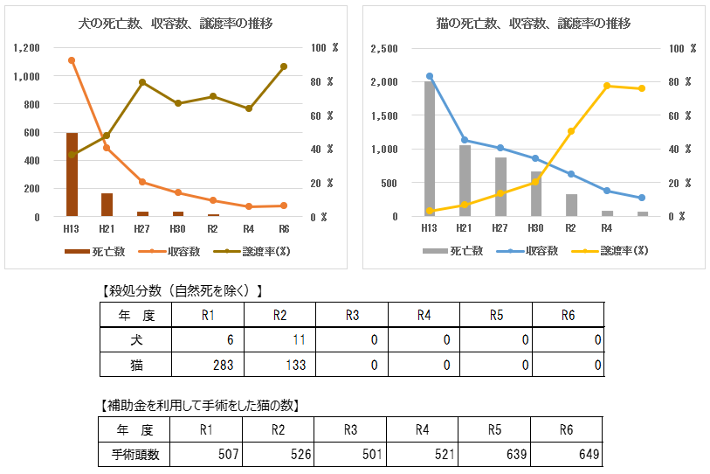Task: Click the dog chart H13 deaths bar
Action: click(72, 175)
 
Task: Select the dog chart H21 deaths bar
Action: click(107, 205)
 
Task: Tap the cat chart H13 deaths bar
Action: click(429, 149)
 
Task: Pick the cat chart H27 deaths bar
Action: click(500, 186)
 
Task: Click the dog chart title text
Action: click(175, 24)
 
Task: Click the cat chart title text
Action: click(534, 24)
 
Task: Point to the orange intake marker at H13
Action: click(72, 60)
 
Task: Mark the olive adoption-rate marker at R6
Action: click(284, 66)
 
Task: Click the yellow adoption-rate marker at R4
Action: click(607, 86)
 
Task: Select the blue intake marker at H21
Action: click(465, 140)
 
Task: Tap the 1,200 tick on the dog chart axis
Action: click(26, 48)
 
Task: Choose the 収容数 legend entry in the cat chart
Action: click(530, 251)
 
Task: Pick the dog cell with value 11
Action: click(279, 338)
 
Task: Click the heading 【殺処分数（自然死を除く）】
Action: click(183, 290)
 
